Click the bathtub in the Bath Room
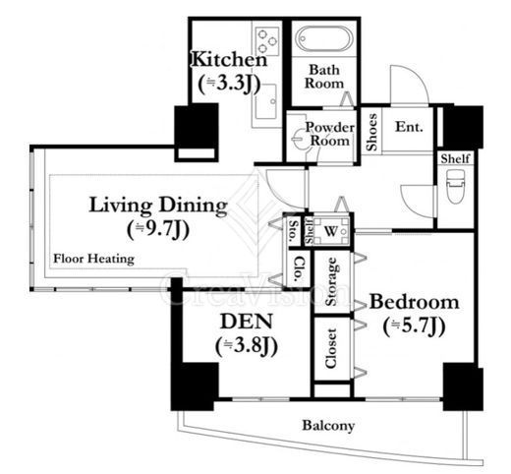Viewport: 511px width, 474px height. [324, 39]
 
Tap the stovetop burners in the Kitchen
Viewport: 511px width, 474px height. [267, 41]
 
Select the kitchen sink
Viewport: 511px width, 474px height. [266, 101]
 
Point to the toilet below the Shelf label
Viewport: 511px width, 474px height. [455, 186]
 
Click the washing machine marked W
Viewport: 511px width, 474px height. [331, 232]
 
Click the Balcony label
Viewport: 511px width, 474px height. [328, 426]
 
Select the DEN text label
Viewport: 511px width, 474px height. [247, 322]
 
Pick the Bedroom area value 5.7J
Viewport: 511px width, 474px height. [414, 326]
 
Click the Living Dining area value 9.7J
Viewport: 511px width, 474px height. [158, 229]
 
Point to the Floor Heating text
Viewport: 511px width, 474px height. [93, 259]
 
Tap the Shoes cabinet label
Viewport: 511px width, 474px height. [372, 132]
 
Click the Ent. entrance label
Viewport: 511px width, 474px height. [409, 127]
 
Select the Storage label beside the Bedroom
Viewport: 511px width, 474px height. [331, 281]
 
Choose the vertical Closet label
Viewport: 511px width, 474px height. [331, 348]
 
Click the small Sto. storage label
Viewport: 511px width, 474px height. [294, 231]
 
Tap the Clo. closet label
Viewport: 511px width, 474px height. [299, 268]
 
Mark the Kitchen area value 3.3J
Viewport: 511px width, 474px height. [229, 84]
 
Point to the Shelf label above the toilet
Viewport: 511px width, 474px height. [455, 158]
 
